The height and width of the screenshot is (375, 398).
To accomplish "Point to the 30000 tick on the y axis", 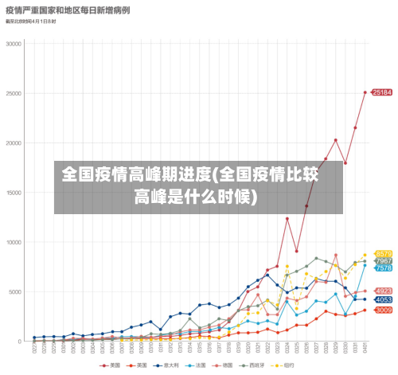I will [x=14, y=44].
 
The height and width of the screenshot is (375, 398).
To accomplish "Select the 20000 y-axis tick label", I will [x=14, y=143].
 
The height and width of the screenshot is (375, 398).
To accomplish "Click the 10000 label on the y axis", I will [x=14, y=242].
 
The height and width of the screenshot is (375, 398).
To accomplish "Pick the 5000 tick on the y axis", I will [x=16, y=291].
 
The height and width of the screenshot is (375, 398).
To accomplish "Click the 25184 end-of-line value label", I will [x=383, y=92].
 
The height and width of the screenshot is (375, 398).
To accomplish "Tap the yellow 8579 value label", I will [x=383, y=254].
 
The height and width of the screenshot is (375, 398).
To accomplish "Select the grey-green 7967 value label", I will [x=383, y=261].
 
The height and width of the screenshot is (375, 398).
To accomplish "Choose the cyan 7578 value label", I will [x=383, y=268].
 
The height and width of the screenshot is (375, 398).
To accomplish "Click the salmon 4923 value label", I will [x=383, y=291].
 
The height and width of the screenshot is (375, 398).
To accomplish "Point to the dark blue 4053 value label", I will [x=383, y=300].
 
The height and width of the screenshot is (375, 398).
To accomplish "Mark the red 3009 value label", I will [x=383, y=311].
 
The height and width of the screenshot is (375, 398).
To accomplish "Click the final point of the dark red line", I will [x=365, y=92].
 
